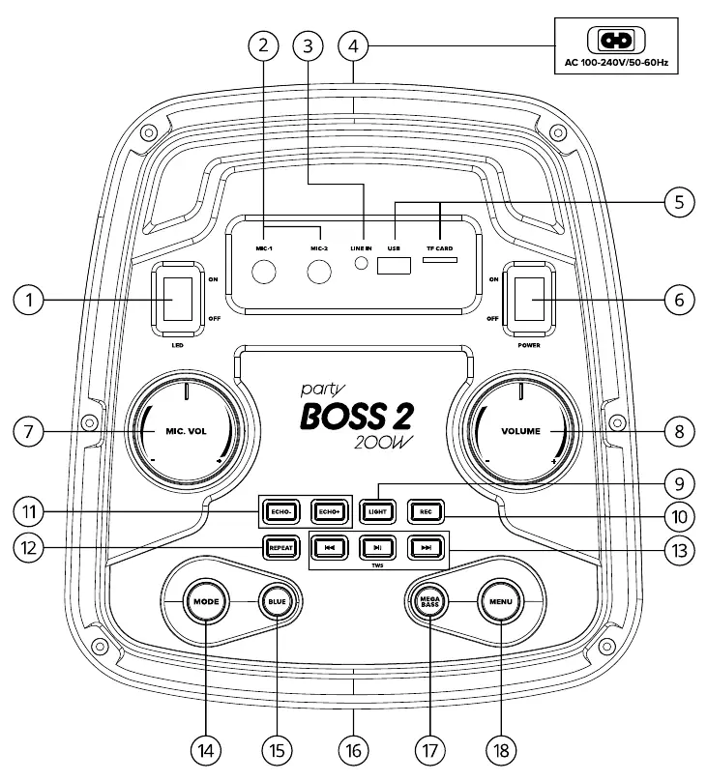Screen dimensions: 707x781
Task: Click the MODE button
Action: [x=206, y=601]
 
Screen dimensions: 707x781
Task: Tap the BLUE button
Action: [x=277, y=601]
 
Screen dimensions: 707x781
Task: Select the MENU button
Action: [x=501, y=601]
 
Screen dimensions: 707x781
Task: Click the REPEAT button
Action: [x=281, y=548]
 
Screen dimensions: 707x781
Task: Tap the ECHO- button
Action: [x=281, y=511]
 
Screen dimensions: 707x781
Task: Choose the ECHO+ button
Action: [x=329, y=511]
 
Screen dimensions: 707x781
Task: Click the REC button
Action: [x=426, y=511]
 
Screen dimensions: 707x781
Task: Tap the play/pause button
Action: [x=377, y=548]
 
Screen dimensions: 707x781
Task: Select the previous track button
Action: [x=330, y=548]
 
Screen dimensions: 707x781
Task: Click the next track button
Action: [x=426, y=548]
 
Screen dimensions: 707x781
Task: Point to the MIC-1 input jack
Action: [x=264, y=272]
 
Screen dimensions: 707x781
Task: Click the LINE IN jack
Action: [x=361, y=263]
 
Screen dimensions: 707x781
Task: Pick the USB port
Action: [x=394, y=266]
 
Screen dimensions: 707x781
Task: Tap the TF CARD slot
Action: [x=440, y=259]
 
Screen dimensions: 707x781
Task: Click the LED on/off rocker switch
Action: [x=178, y=299]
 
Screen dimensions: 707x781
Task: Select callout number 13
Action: [x=680, y=551]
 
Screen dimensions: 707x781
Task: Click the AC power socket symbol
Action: [x=616, y=41]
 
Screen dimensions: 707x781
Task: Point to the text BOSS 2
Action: [x=357, y=417]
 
